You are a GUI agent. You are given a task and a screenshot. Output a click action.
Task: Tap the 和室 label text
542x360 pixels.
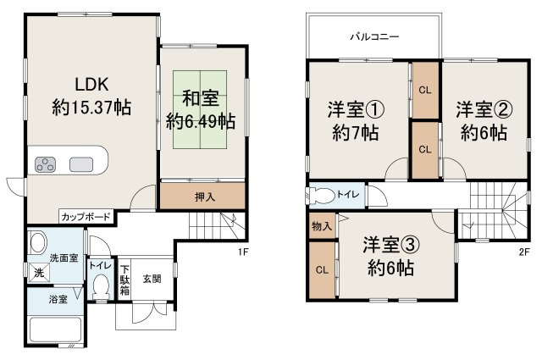200,96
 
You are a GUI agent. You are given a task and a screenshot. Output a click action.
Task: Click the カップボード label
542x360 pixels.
85,217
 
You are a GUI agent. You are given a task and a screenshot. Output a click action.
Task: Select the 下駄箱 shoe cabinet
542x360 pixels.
124,280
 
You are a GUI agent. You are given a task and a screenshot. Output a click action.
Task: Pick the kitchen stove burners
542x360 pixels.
45,163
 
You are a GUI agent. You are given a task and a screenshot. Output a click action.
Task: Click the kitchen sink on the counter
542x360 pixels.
81,163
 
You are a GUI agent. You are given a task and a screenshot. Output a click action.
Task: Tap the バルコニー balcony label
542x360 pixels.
374,36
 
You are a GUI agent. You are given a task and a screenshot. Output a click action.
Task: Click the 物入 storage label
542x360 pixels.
322,226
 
